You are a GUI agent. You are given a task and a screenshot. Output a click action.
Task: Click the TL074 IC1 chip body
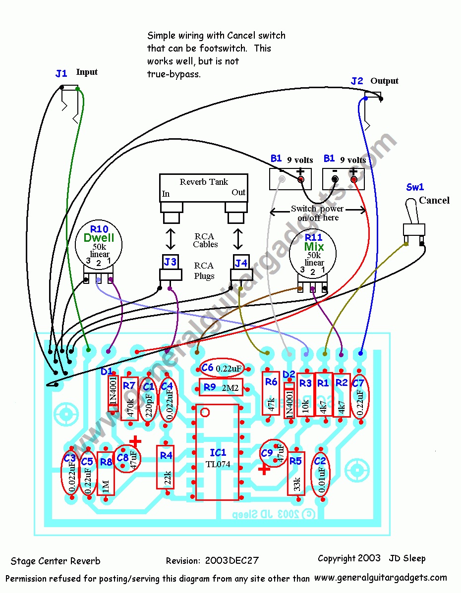(x=217, y=452)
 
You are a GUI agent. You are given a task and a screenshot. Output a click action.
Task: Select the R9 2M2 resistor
(x=221, y=387)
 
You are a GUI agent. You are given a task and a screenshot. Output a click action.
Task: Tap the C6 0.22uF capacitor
(x=222, y=368)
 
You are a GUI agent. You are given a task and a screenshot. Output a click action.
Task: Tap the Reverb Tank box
(x=203, y=188)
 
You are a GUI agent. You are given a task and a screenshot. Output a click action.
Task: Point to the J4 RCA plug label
(x=241, y=262)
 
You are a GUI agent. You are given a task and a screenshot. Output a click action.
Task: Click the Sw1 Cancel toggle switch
(x=414, y=228)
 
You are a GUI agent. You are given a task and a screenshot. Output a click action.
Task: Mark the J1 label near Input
(x=61, y=74)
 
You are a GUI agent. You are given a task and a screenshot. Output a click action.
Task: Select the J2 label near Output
(x=357, y=81)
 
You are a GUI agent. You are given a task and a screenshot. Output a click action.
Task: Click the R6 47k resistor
(x=271, y=394)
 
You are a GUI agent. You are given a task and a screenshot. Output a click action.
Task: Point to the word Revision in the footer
(x=183, y=561)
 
